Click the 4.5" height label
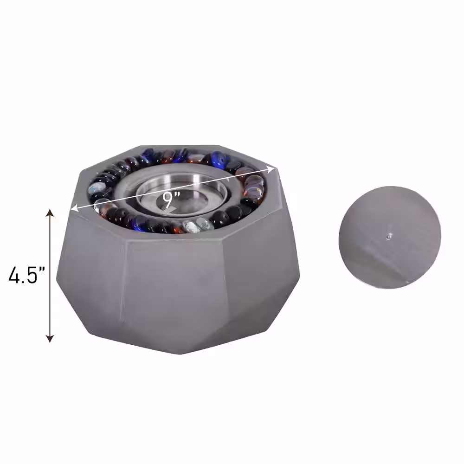point(26,276)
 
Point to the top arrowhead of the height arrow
point(50,213)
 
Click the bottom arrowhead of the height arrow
point(50,338)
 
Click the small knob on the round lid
point(389,236)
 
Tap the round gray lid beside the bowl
point(390,237)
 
